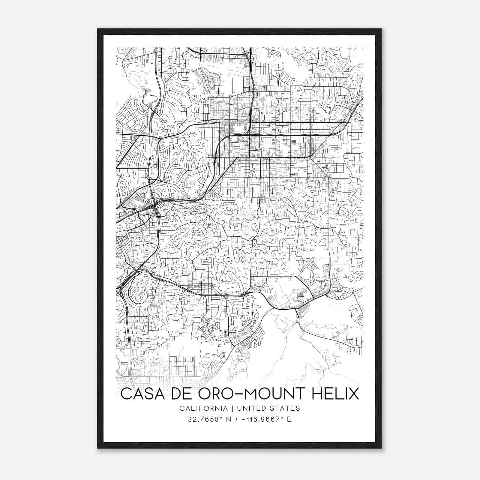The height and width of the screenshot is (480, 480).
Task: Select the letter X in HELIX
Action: coord(353,394)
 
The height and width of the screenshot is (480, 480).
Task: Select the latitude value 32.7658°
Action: coord(203,419)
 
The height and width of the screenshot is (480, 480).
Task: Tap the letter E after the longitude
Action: coord(289,419)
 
